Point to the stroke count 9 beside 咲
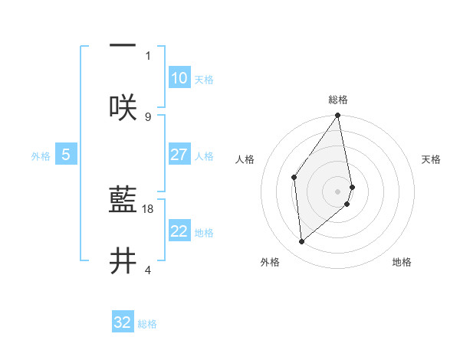coord(148,116)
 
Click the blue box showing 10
coord(179,78)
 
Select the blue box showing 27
coord(179,155)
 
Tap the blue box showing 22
coord(179,231)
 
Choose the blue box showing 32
coord(123,322)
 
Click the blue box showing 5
coord(66,155)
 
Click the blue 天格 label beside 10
coord(204,80)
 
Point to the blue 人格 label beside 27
coord(204,156)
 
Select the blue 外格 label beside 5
coord(41,156)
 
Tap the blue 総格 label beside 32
coord(147,324)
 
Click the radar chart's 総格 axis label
coord(338,100)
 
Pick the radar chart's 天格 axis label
coord(432,159)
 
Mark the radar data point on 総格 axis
coord(338,116)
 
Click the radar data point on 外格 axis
coord(302,241)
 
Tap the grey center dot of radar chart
coord(338,191)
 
